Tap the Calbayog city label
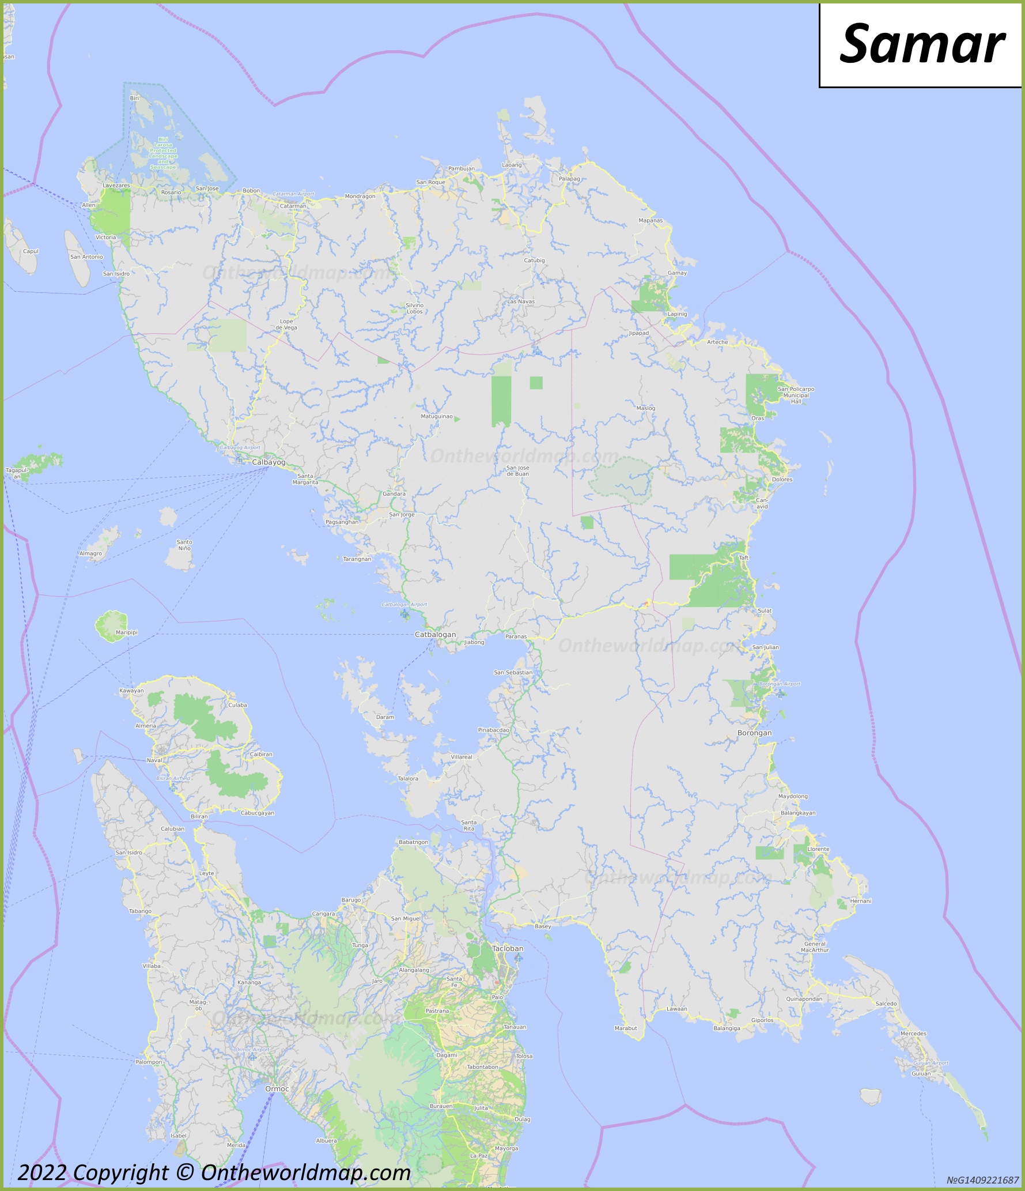pyautogui.click(x=268, y=462)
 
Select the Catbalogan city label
pyautogui.click(x=435, y=635)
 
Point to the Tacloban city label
pyautogui.click(x=508, y=948)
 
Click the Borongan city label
pyautogui.click(x=754, y=733)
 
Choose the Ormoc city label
pyautogui.click(x=277, y=1089)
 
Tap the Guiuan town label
pyautogui.click(x=921, y=1073)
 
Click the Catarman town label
pyautogui.click(x=293, y=206)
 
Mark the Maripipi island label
pyautogui.click(x=127, y=632)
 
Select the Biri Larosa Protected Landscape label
pyautogui.click(x=163, y=153)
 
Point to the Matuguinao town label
pyautogui.click(x=437, y=416)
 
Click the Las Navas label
pyautogui.click(x=521, y=301)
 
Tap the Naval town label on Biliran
pyautogui.click(x=154, y=760)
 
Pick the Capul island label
pyautogui.click(x=31, y=251)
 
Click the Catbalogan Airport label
pyautogui.click(x=404, y=605)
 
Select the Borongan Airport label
pyautogui.click(x=780, y=684)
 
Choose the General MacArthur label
pyautogui.click(x=815, y=947)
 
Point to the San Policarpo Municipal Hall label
pyautogui.click(x=796, y=395)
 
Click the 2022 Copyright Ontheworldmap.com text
pyautogui.click(x=214, y=1173)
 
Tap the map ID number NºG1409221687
pyautogui.click(x=982, y=1181)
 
